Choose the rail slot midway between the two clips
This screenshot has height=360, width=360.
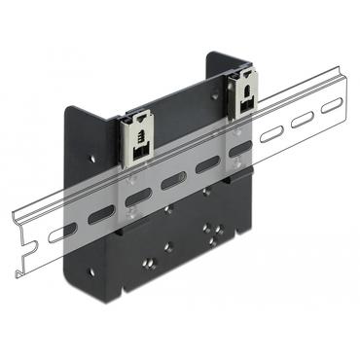click(x=174, y=181)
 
